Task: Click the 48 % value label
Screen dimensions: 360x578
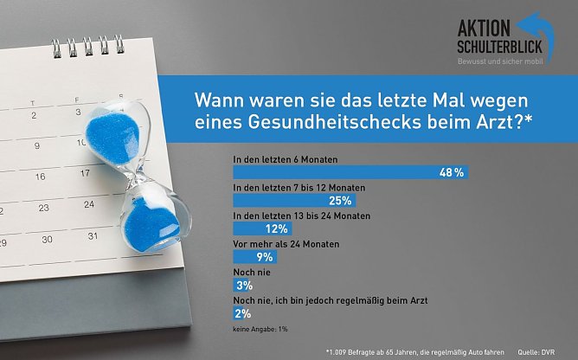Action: pyautogui.click(x=452, y=173)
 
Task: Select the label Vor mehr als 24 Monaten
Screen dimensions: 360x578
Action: pyautogui.click(x=286, y=244)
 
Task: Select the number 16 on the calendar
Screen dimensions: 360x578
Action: pyautogui.click(x=39, y=176)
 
